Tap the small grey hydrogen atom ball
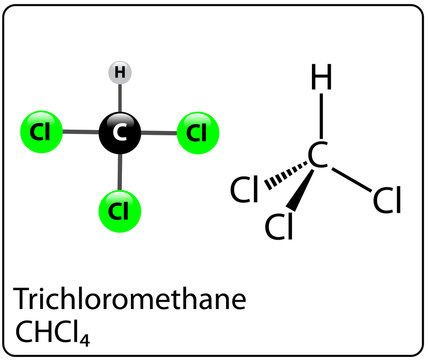(x=120, y=72)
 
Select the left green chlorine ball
(x=41, y=131)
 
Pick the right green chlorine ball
(x=197, y=131)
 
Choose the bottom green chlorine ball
(x=120, y=211)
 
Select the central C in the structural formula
(x=318, y=156)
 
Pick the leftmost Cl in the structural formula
(x=246, y=187)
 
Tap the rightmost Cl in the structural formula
(x=386, y=201)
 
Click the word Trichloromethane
(x=129, y=300)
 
